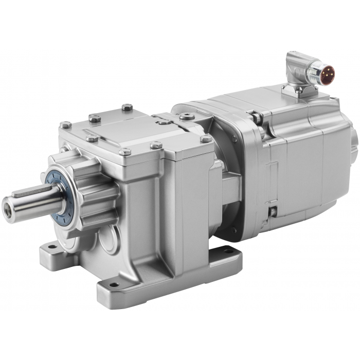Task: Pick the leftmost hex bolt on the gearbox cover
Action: point(65,124)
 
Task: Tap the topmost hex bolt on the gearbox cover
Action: point(127,107)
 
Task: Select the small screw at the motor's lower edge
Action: point(274,210)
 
